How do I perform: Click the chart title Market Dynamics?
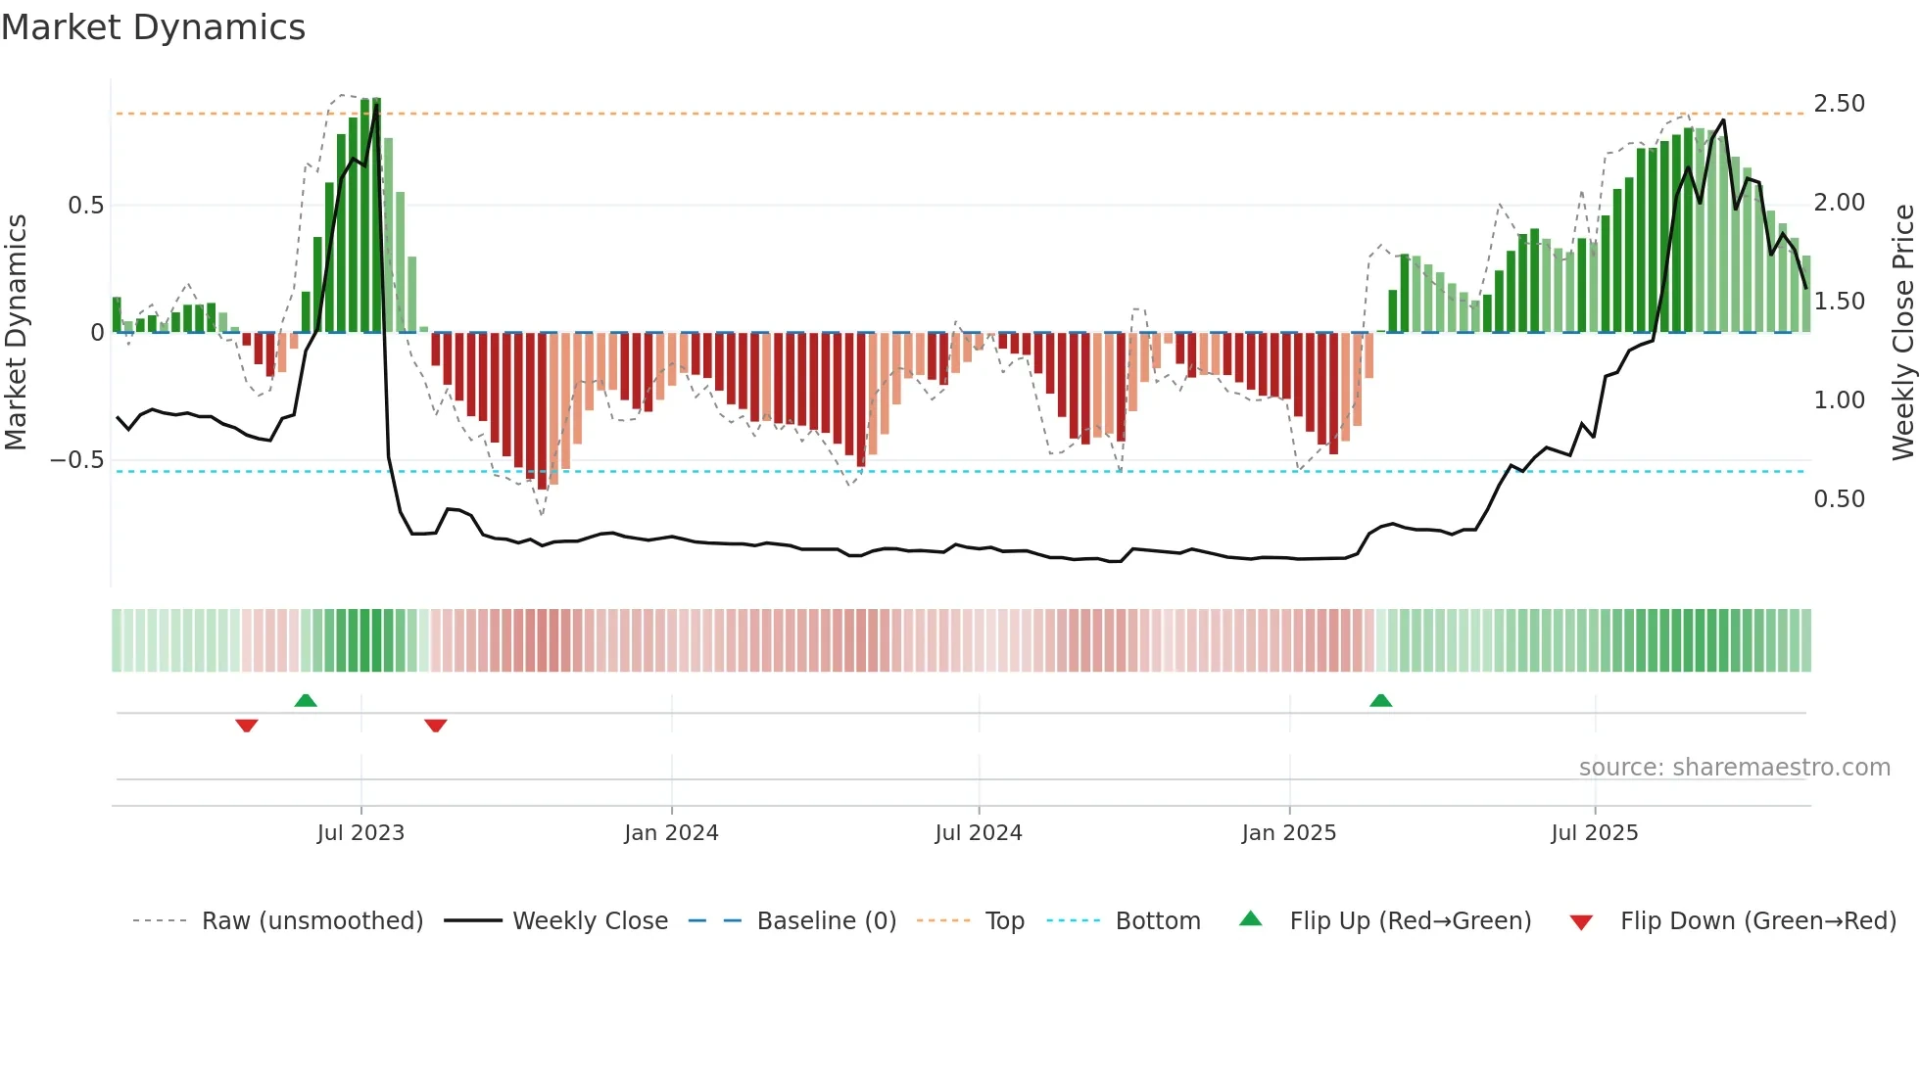click(154, 27)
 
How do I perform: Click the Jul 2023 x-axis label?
click(360, 833)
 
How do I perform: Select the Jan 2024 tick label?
click(671, 833)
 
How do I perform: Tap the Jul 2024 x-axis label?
click(978, 833)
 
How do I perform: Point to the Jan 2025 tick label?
click(1288, 833)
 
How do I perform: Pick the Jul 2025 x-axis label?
click(1594, 833)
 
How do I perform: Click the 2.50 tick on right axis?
click(1839, 104)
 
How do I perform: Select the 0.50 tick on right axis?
click(1839, 499)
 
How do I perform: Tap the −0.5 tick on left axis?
click(76, 460)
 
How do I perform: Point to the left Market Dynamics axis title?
click(16, 333)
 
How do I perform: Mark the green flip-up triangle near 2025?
click(1380, 701)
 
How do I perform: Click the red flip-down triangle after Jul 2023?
click(436, 725)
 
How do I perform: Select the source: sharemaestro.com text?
click(1734, 768)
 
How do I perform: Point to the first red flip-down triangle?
click(247, 725)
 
